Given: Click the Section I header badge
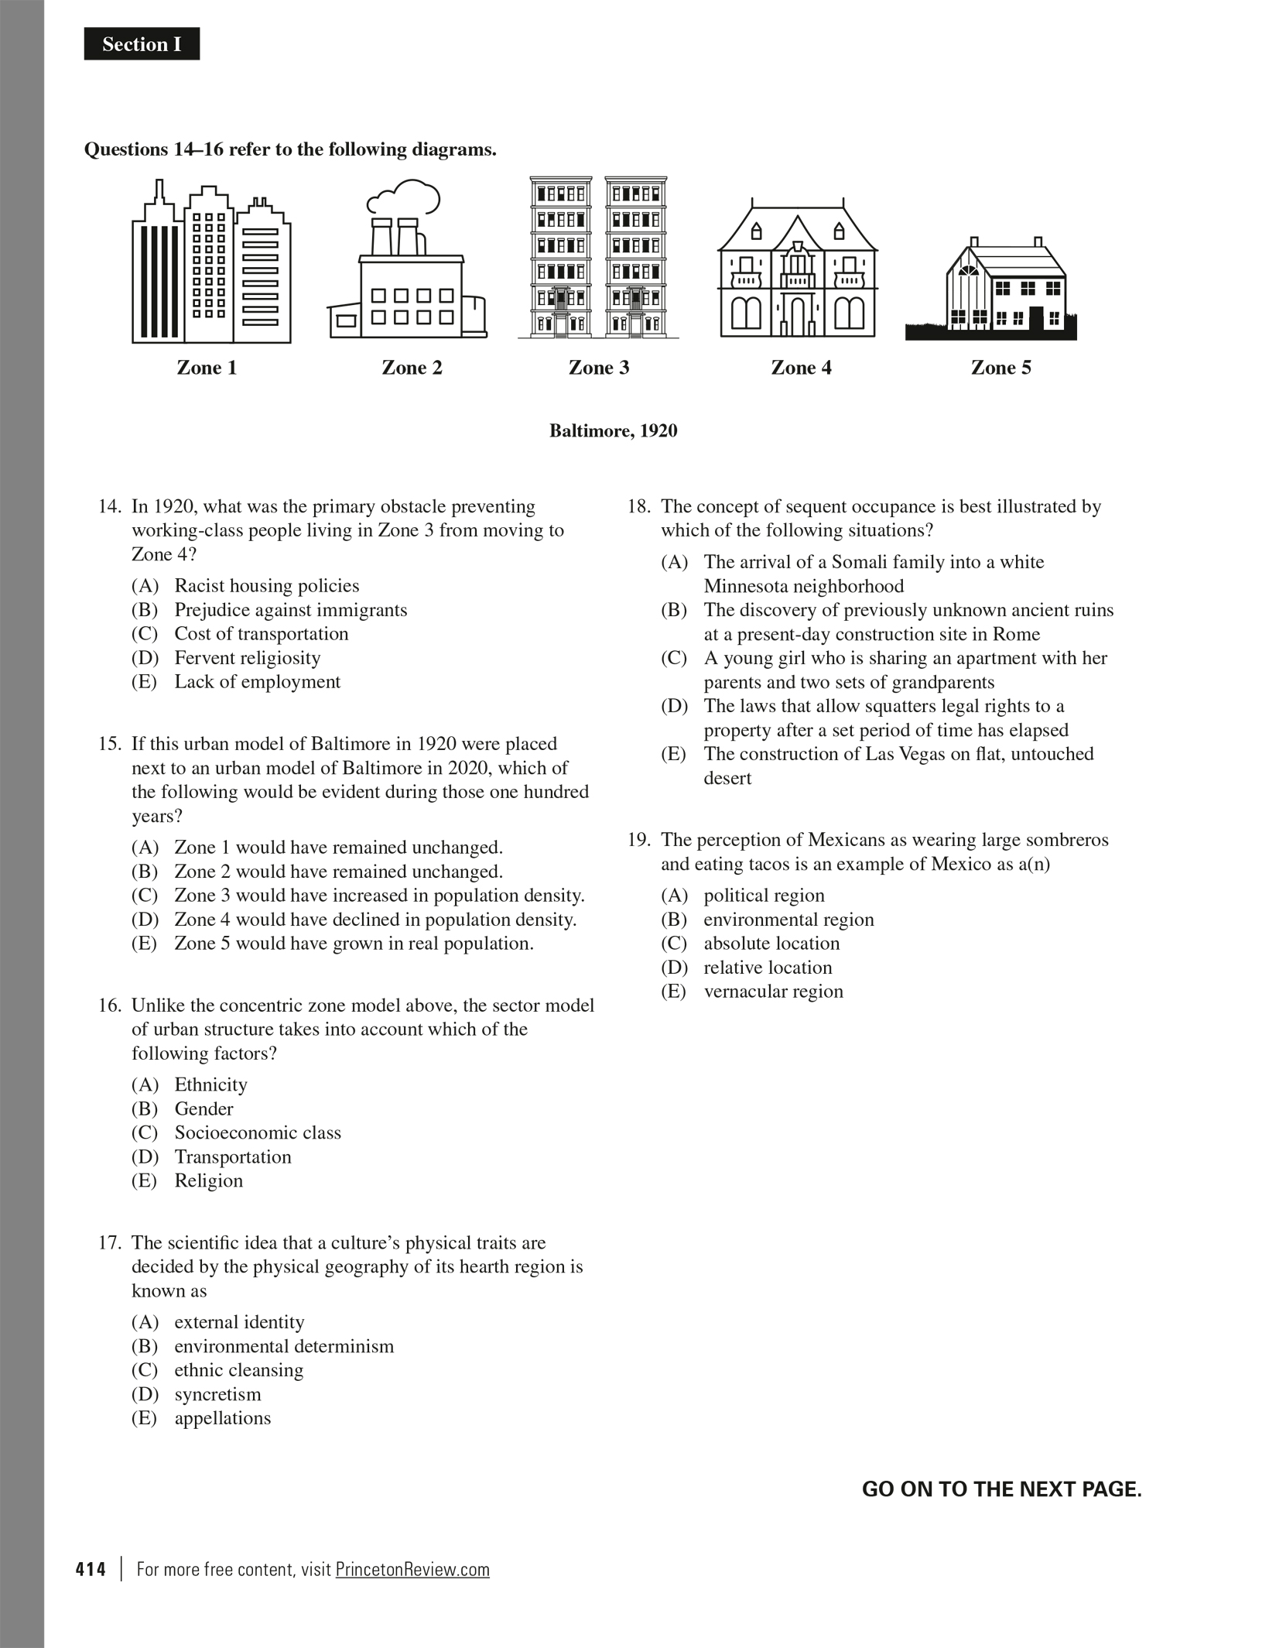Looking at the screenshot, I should pyautogui.click(x=142, y=44).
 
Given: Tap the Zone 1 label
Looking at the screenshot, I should pyautogui.click(x=207, y=368).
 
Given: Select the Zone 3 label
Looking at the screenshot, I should pyautogui.click(x=599, y=368).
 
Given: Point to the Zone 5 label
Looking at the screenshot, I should pyautogui.click(x=1000, y=368).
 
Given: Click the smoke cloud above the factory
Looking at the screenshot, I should pyautogui.click(x=405, y=198).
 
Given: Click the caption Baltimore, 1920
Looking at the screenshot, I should pyautogui.click(x=613, y=430).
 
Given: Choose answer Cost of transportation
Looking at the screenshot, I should pyautogui.click(x=261, y=634).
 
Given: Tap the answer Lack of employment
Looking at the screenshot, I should pyautogui.click(x=257, y=682).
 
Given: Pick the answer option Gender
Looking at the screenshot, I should pyautogui.click(x=204, y=1108).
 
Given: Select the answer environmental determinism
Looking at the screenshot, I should pyautogui.click(x=283, y=1346).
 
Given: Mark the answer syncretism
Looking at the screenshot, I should pyautogui.click(x=217, y=1394).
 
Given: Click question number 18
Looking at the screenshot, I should pyautogui.click(x=638, y=507).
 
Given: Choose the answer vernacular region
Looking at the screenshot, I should pyautogui.click(x=772, y=992).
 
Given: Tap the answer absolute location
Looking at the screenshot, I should pyautogui.click(x=771, y=944).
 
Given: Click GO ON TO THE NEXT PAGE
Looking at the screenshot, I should pyautogui.click(x=1001, y=1489).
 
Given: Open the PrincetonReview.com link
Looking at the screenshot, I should pyautogui.click(x=412, y=1569).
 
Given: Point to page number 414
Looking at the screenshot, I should pyautogui.click(x=91, y=1570).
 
